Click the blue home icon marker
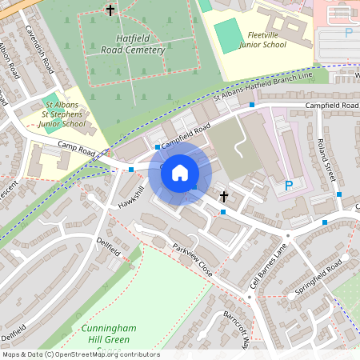(x=180, y=172)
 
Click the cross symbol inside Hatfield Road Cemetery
(x=110, y=10)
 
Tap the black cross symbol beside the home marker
(x=224, y=195)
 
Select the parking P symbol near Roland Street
(x=289, y=186)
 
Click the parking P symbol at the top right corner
(x=348, y=33)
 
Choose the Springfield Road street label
(x=318, y=276)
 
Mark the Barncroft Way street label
(x=237, y=324)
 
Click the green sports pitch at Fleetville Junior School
(x=229, y=36)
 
